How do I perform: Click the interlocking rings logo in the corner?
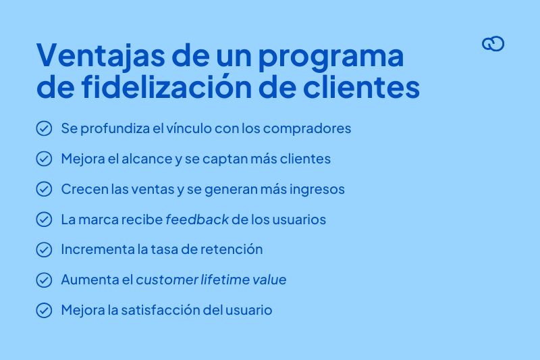pos(493,44)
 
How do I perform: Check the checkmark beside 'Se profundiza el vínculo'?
pos(44,128)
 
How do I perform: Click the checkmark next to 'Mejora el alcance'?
pos(44,159)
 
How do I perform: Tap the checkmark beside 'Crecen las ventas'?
pos(44,189)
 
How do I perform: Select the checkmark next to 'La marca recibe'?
pos(44,220)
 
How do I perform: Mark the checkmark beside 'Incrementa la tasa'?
pos(44,249)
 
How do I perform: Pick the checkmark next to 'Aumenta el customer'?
pos(44,280)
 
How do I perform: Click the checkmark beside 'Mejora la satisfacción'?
pos(44,310)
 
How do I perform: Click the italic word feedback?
pos(196,220)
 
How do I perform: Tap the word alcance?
pos(149,159)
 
